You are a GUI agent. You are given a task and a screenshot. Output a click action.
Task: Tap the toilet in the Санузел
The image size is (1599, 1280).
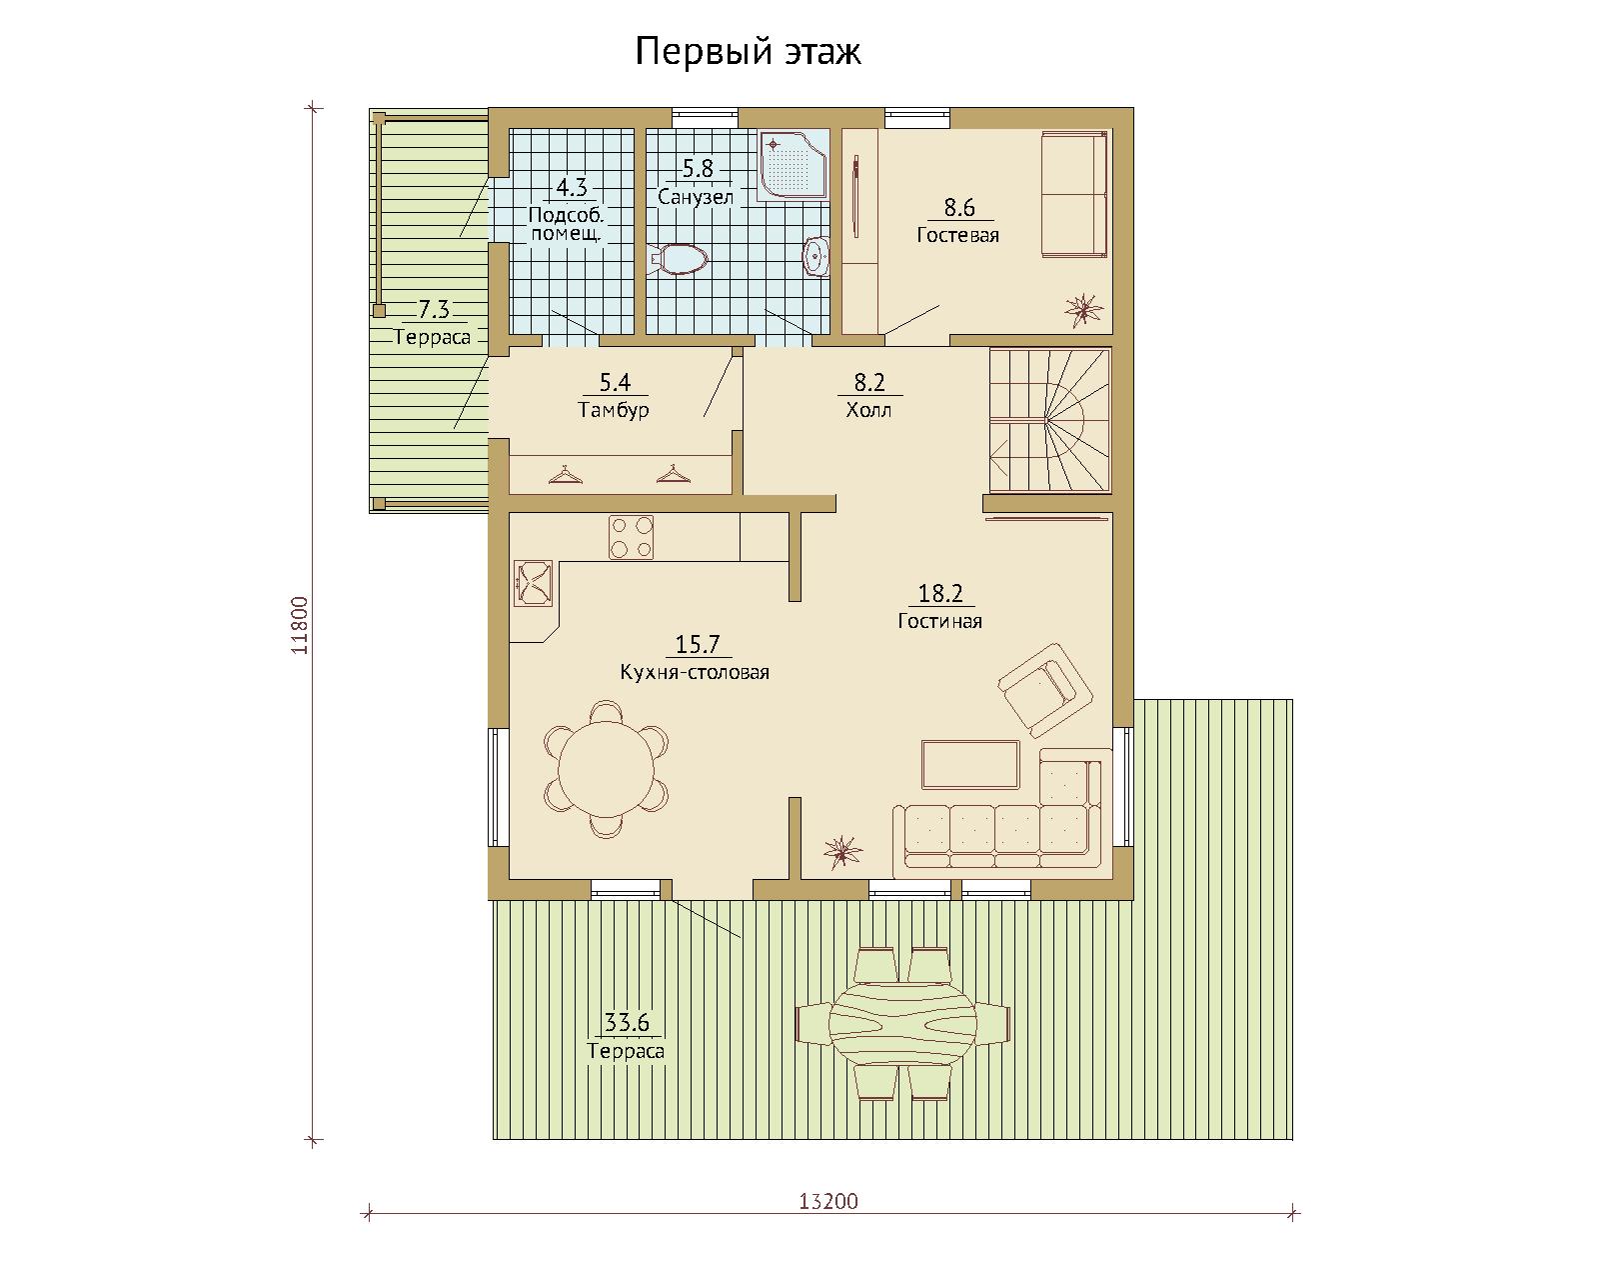(679, 260)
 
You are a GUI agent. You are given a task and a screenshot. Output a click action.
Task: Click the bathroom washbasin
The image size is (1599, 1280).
(816, 257)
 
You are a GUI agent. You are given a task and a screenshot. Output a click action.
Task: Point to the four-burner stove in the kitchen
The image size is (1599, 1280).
(631, 537)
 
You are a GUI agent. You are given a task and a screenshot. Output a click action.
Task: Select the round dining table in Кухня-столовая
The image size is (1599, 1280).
(606, 769)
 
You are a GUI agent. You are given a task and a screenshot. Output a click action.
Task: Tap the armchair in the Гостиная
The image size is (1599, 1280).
(1044, 689)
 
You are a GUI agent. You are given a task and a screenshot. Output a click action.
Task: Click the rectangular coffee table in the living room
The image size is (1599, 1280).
(969, 764)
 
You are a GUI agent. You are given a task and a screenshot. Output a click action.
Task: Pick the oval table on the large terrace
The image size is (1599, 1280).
(902, 1023)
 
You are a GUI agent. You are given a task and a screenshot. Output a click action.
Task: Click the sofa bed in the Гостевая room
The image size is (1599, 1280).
(1074, 195)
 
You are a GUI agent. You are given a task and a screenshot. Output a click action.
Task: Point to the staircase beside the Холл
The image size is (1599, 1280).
(1049, 421)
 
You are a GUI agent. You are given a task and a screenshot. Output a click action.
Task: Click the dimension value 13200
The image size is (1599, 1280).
(827, 1201)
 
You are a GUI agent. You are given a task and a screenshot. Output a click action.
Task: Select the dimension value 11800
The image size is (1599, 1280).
(300, 625)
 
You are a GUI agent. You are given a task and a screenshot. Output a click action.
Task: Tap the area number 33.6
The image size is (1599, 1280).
(627, 1022)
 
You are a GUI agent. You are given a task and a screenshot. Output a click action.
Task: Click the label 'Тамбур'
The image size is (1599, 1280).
(614, 410)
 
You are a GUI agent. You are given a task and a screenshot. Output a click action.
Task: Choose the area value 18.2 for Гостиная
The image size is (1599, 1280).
(940, 593)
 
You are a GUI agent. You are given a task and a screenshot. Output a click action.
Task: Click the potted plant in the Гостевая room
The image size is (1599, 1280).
(1083, 309)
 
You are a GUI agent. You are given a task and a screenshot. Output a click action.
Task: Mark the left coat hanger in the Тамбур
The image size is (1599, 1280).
(566, 475)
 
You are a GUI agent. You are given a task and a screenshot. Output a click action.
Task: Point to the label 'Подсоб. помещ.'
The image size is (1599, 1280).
(567, 224)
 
